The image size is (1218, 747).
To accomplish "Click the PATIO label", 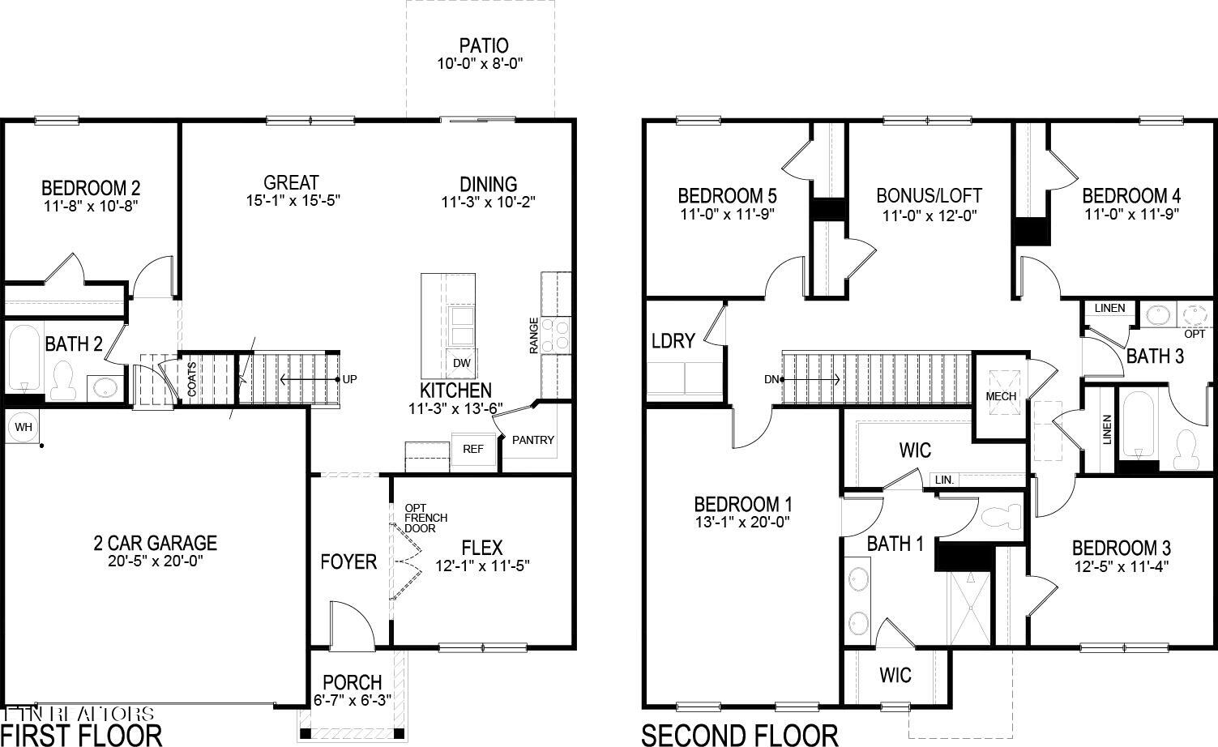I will coord(483,45).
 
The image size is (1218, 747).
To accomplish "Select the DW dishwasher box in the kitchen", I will coord(461,363).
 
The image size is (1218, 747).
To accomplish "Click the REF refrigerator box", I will coord(472,449).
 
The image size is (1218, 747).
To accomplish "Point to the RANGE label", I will coord(533,335).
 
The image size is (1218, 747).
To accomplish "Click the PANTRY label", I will coord(533,440).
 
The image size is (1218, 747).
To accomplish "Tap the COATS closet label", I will coord(191,379).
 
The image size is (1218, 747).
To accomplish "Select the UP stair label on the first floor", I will coord(349,379).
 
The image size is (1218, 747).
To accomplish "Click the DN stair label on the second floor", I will coord(771,379).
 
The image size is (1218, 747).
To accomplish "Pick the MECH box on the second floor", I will coord(1001,396).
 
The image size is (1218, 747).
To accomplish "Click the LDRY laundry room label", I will coord(673,341).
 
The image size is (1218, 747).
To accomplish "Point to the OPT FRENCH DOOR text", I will coord(425,519).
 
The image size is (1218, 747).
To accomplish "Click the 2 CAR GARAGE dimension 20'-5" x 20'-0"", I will coord(155,561).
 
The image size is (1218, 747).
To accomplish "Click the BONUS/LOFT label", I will coord(929,195).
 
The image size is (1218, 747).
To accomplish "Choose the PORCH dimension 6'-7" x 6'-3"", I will coord(352,700).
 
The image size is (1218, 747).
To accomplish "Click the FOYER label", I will coord(348,561).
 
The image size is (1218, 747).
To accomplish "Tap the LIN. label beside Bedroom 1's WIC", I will coord(945,480).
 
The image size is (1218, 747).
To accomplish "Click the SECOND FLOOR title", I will coord(739,735).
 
